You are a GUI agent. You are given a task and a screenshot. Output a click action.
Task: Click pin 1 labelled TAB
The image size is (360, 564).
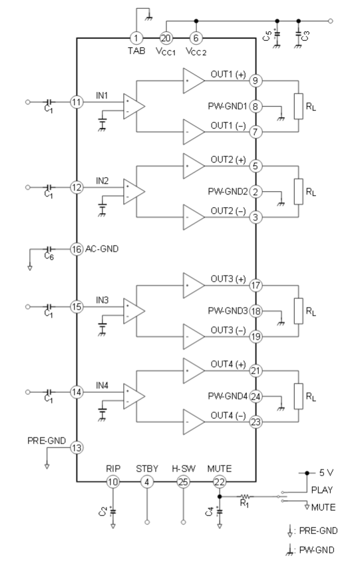pos(136,38)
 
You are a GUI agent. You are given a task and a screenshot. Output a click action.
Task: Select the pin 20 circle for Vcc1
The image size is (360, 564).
pos(166,38)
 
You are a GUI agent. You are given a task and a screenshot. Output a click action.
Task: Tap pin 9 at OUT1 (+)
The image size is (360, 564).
pos(256,81)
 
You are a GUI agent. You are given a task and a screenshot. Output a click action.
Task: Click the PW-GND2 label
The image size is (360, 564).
pos(228,192)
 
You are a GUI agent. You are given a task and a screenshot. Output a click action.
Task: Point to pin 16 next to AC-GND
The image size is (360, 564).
pos(77,249)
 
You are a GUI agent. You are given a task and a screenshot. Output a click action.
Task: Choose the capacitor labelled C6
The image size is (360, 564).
pos(49,249)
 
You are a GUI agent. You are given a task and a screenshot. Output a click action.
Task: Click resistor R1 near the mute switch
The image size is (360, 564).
pos(245,497)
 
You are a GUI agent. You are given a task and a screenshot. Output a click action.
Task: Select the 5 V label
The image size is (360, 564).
pos(326,473)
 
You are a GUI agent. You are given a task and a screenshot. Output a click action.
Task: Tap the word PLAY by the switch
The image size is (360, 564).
pos(322,490)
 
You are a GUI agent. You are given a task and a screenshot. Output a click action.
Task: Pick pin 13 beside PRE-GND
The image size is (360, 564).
pos(77,448)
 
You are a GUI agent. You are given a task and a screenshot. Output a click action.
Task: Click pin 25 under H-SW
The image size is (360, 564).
pos(183,481)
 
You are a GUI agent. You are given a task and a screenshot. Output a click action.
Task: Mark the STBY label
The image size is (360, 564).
pos(147,469)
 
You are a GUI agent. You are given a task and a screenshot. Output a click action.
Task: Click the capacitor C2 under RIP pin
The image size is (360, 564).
pos(113,511)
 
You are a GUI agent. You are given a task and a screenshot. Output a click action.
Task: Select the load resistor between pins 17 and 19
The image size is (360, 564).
pos(299,311)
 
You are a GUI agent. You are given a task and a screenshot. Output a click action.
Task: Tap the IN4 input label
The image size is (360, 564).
pos(102,386)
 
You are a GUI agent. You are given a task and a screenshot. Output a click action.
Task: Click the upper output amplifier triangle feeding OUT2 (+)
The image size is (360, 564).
pos(194,166)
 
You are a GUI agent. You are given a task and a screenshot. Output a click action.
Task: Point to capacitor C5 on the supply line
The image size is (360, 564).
pos(277,35)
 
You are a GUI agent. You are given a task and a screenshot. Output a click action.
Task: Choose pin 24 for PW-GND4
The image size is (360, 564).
pos(256,396)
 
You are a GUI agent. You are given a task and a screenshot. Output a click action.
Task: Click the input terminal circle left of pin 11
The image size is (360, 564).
pos(28,102)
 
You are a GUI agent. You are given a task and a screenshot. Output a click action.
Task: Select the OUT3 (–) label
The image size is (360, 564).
pos(228,330)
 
